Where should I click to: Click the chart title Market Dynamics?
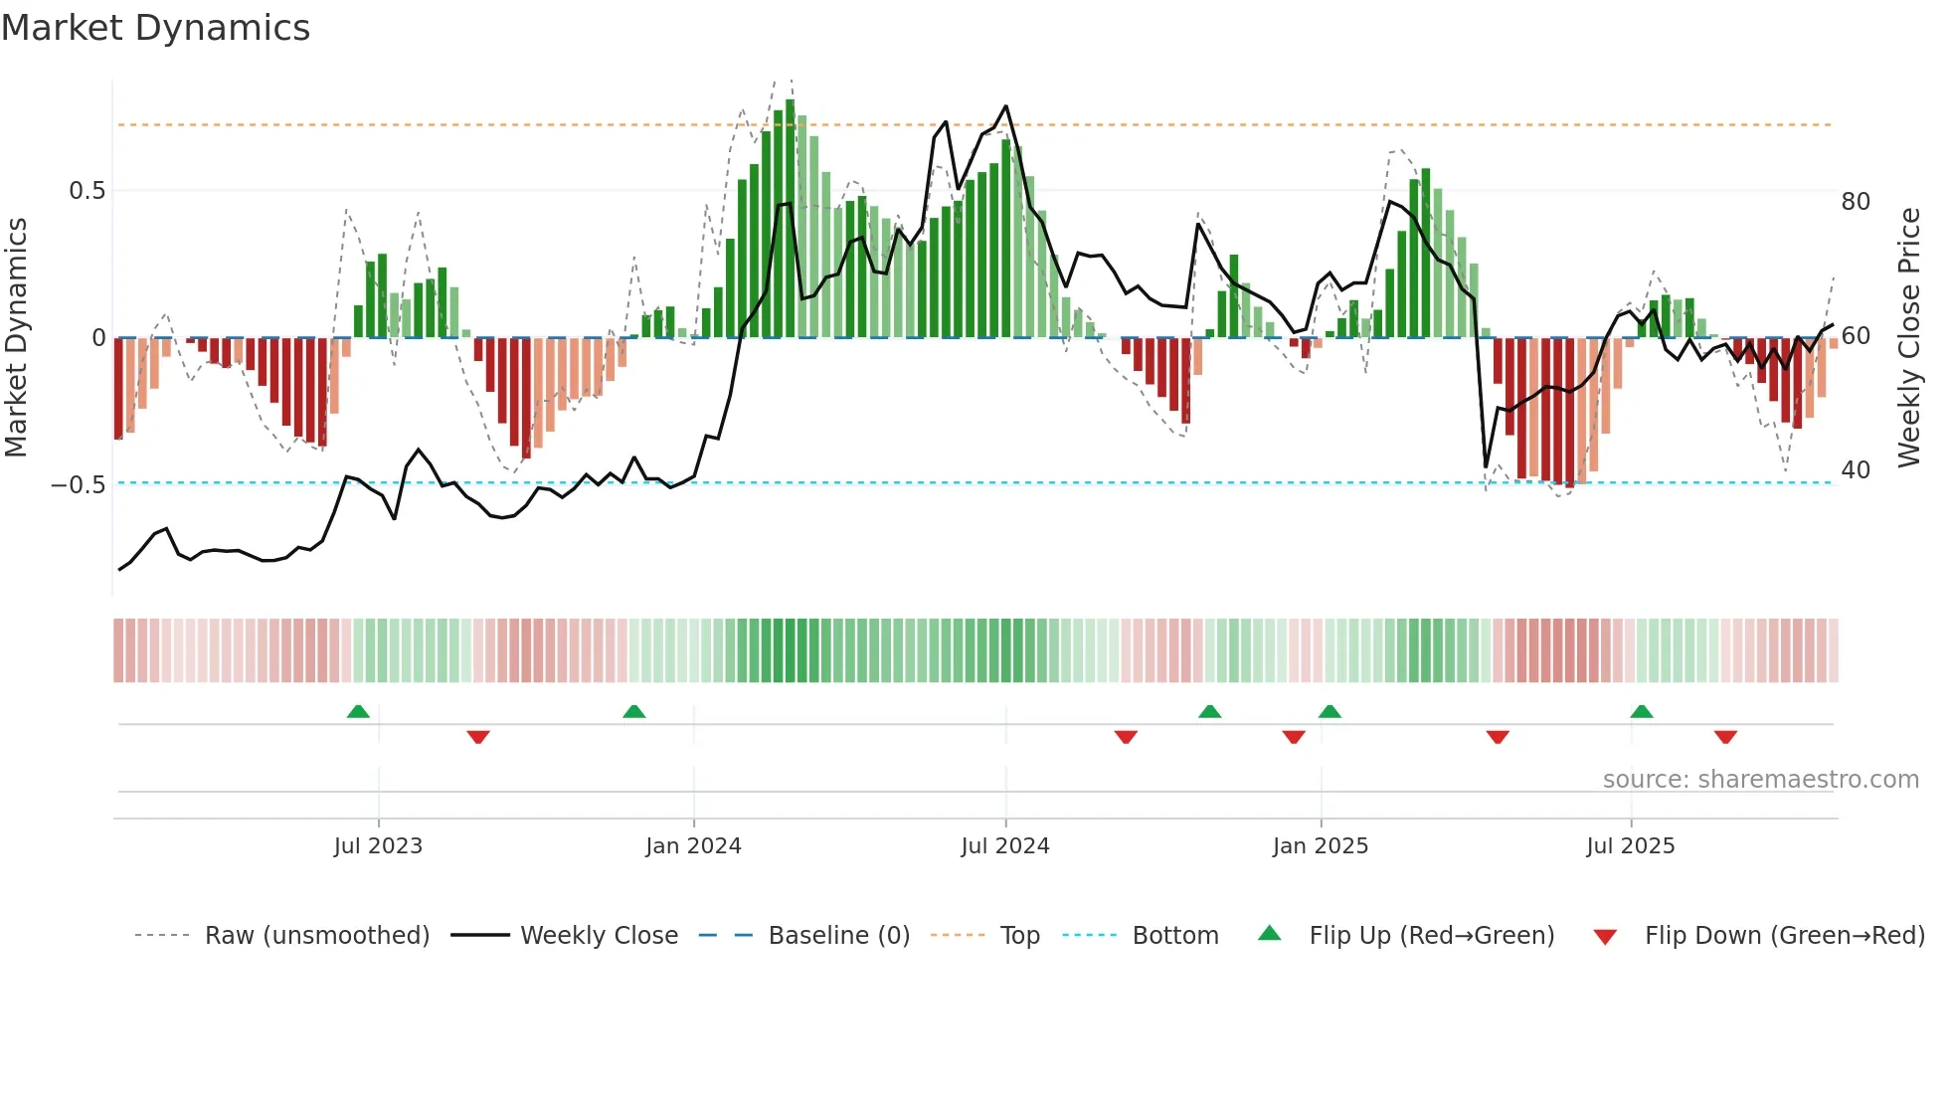[155, 28]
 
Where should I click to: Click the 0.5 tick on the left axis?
[87, 191]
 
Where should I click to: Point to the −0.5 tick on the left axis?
[79, 485]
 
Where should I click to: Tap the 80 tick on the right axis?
[1856, 202]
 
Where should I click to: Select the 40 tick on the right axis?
[1856, 470]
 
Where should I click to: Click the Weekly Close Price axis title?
[1909, 338]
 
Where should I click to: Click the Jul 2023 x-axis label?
[378, 846]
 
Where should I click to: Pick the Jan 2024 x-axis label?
[693, 846]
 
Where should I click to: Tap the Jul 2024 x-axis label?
[1005, 846]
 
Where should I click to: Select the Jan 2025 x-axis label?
[1321, 846]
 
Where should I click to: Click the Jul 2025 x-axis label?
[1631, 846]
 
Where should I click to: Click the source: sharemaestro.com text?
[1760, 780]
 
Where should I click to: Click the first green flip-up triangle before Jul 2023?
[358, 711]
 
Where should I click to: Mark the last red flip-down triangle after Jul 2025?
[1725, 737]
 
